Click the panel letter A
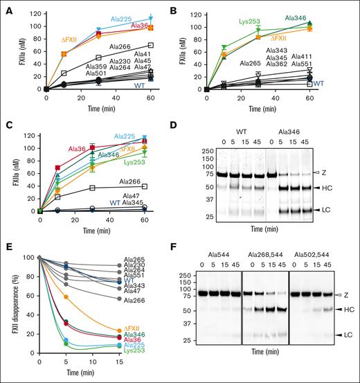click(x=6, y=6)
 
